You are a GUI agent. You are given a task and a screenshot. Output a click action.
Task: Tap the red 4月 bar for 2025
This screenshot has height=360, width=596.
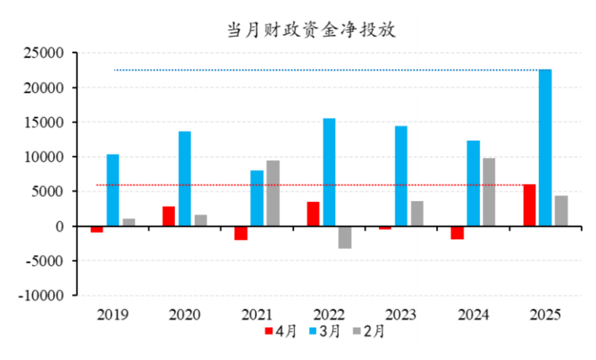(529, 206)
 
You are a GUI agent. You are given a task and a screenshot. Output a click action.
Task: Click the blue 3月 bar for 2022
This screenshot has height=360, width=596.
(329, 172)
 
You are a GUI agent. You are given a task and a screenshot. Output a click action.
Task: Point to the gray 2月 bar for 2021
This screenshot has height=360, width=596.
(272, 193)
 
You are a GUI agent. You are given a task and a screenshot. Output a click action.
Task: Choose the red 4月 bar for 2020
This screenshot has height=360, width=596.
(169, 216)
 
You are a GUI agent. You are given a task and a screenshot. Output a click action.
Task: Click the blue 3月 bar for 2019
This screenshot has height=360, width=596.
(113, 190)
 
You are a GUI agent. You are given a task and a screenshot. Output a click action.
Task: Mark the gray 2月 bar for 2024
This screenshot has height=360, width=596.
(489, 192)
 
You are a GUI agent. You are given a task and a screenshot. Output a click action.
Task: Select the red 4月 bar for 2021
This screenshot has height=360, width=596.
(241, 233)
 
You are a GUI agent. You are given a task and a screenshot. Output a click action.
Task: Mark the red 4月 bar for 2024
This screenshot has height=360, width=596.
(457, 232)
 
